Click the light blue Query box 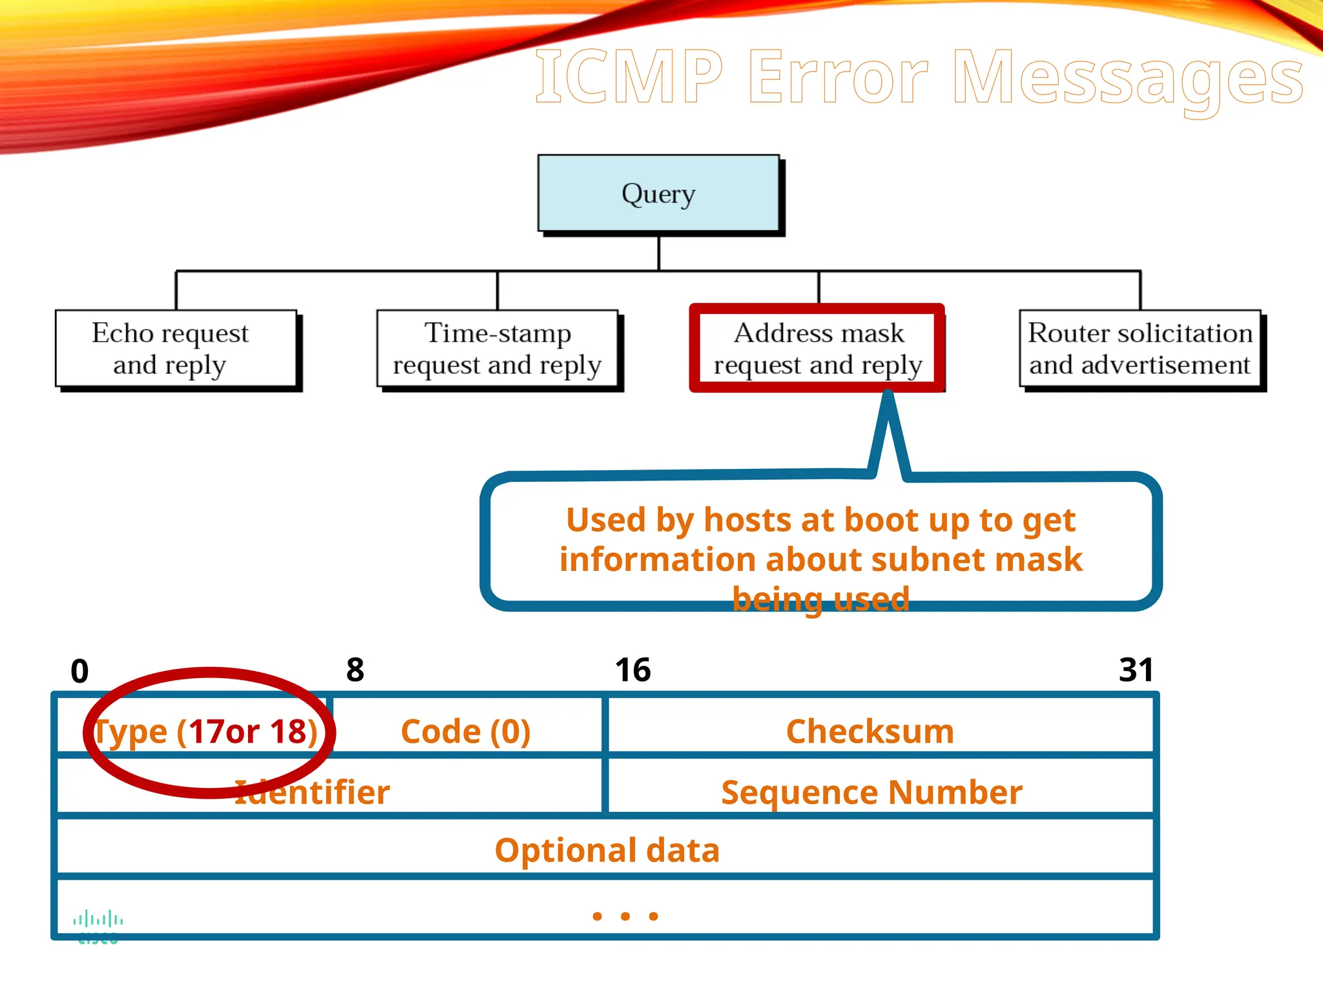658,193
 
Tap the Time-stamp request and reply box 497,349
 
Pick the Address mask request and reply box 818,349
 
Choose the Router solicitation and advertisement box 1140,349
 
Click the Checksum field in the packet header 870,732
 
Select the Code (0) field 466,732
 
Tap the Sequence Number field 871,792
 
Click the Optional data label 607,850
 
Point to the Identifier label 312,792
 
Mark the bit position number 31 1136,670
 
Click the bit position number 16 632,670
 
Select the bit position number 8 355,670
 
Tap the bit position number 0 79,671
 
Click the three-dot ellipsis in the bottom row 625,916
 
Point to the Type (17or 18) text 206,732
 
